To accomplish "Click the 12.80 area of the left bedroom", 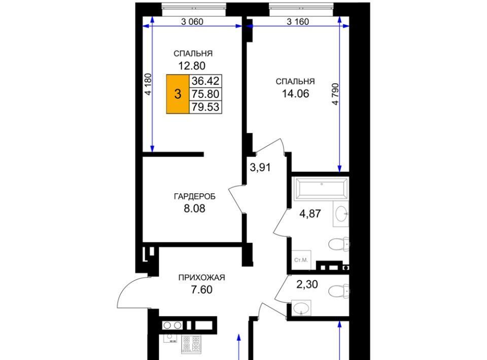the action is [x=192, y=66].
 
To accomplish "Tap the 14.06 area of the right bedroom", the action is [x=295, y=93].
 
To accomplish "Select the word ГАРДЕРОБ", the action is [x=195, y=196].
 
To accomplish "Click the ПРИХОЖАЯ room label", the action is [x=201, y=277].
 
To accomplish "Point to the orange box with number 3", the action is [x=178, y=94].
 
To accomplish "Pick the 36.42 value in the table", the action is [x=205, y=81].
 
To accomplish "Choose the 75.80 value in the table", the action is [x=205, y=94].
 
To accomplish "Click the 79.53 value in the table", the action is [x=205, y=107].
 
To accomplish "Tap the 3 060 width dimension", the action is [x=192, y=21].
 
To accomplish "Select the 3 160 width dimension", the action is [x=298, y=21].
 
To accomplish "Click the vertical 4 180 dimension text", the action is [x=149, y=84].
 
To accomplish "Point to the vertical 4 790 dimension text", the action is [x=335, y=94].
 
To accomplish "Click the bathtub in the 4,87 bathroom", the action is [x=322, y=188].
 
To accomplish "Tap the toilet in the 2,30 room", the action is [x=339, y=291].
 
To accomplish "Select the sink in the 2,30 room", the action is [x=301, y=308].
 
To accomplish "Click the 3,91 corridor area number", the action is [x=260, y=168].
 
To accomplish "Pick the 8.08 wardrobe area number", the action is [x=194, y=208].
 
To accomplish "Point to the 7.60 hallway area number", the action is [x=201, y=290].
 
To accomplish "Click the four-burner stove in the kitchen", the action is [x=191, y=344].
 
